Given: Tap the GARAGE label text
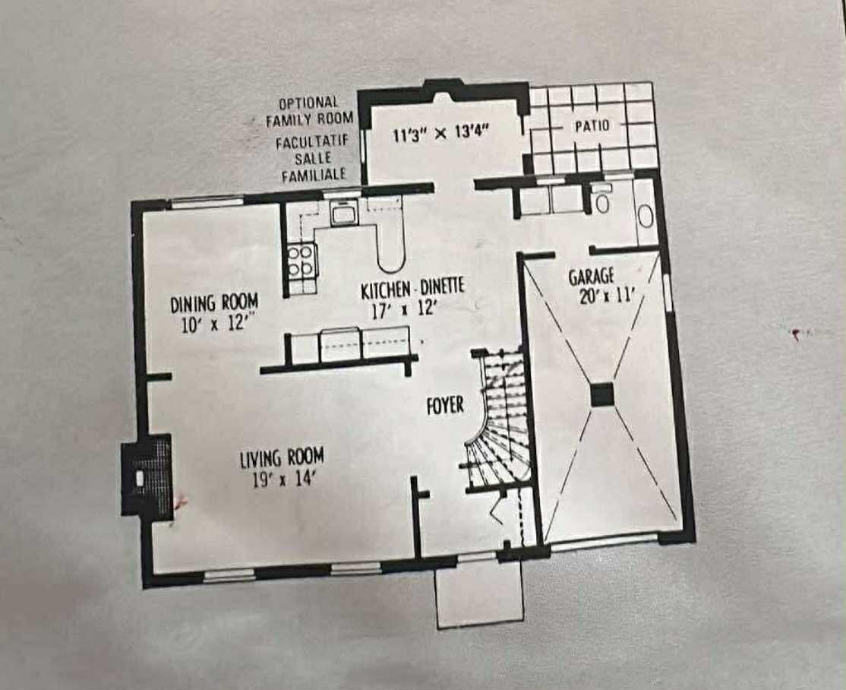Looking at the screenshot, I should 591,277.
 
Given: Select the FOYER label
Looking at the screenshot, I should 444,405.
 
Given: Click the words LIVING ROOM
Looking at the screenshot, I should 282,458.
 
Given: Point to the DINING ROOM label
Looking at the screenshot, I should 214,302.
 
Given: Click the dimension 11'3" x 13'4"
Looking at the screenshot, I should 440,135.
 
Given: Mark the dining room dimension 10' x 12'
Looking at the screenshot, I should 216,324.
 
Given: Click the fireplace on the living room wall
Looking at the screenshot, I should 147,476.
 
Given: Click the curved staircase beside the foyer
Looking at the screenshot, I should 497,422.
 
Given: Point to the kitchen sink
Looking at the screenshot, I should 343,215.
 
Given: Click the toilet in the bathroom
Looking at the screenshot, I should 602,201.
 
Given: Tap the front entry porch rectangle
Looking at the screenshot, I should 480,596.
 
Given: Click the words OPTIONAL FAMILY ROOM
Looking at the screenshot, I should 309,111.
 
